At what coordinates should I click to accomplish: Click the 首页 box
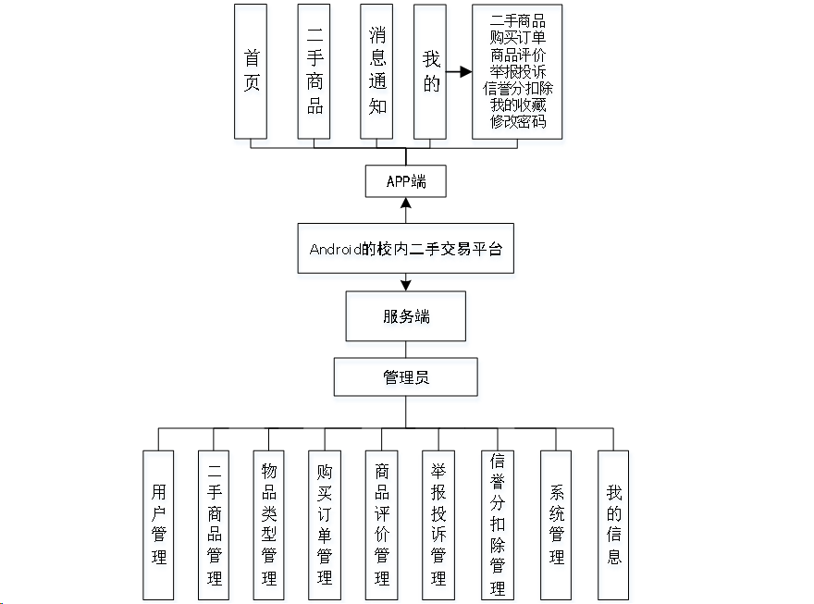251,70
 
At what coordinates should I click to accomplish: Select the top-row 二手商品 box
314,70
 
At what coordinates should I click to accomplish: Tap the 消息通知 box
377,70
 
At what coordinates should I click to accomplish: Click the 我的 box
430,70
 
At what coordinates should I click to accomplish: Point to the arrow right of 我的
459,70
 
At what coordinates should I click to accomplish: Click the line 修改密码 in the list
518,122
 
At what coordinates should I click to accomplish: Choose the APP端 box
406,180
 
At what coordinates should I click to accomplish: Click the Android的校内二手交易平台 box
405,248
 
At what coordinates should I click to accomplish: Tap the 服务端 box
406,316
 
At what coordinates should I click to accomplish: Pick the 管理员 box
406,377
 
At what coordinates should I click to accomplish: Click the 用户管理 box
159,524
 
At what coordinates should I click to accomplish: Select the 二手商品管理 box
215,524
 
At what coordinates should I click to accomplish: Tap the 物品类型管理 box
269,524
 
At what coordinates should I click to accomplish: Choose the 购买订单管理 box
325,524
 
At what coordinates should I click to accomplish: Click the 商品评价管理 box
381,524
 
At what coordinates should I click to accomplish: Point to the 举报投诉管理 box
438,524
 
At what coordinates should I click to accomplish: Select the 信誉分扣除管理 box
498,524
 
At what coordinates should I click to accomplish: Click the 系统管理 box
556,524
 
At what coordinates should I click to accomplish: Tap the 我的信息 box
613,524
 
